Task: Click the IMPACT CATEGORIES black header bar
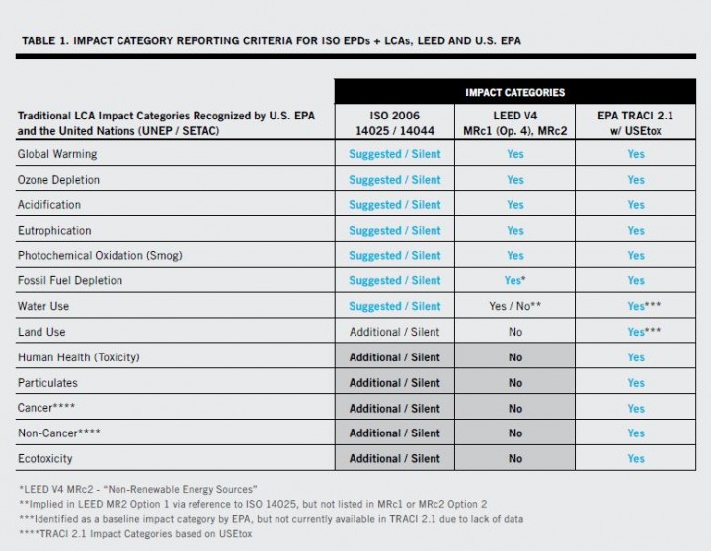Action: coord(514,92)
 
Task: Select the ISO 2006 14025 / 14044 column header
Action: coord(394,122)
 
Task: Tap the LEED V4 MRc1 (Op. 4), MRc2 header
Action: coord(514,122)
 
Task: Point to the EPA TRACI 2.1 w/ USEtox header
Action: coord(635,122)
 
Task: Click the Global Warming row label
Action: coord(57,154)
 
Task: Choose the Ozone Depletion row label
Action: coord(58,180)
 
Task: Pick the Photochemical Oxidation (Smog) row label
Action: coord(100,255)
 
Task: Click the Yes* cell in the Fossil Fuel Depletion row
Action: coord(514,280)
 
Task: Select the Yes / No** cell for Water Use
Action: coord(514,306)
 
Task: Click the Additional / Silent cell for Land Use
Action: coord(394,332)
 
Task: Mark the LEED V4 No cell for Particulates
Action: coord(514,382)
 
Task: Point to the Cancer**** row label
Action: coord(46,408)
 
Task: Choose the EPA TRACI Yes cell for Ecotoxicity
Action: coord(635,458)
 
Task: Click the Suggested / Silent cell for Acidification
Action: coord(394,204)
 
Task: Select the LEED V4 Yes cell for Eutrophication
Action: coord(514,230)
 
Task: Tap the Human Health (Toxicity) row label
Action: coord(79,356)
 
